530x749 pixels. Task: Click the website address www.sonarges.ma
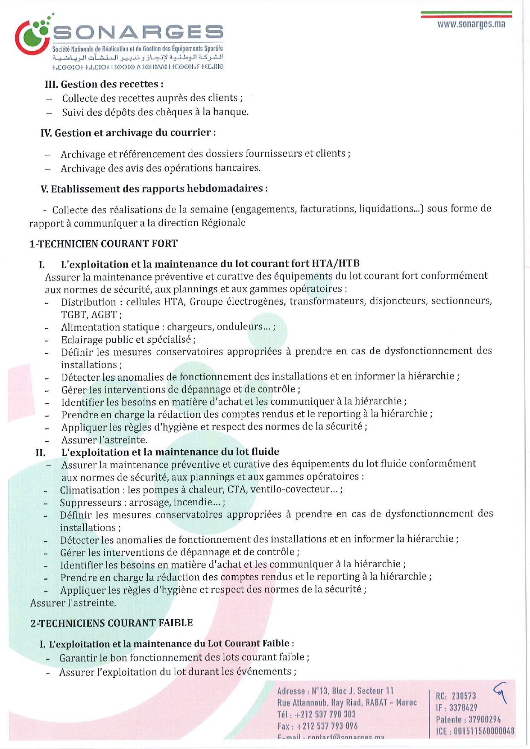click(471, 24)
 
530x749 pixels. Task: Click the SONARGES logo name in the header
click(138, 32)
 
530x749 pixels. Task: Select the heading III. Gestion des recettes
click(104, 84)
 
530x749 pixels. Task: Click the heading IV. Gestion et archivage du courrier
click(128, 133)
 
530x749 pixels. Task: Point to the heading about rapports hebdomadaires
click(154, 189)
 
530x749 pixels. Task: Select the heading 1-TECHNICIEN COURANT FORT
click(103, 244)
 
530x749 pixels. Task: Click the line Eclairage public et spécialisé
click(128, 340)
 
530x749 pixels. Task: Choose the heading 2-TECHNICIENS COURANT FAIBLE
click(111, 623)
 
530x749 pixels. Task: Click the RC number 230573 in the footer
click(464, 696)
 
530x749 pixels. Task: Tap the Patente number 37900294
click(485, 720)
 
